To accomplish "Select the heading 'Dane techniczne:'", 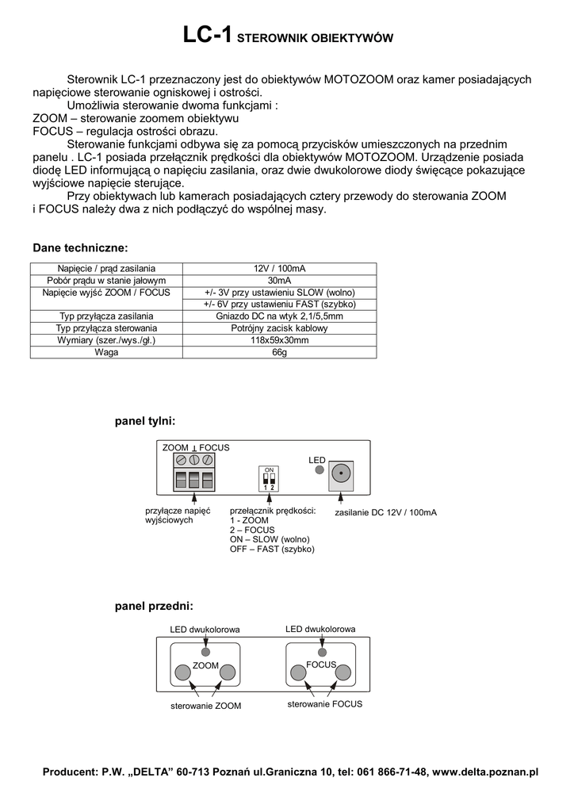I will pyautogui.click(x=80, y=248).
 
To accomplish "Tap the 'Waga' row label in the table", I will pyautogui.click(x=106, y=352).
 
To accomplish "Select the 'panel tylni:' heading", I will pyautogui.click(x=145, y=419).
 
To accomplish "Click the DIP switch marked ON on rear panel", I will pyautogui.click(x=270, y=479).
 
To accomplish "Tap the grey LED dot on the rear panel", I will pyautogui.click(x=320, y=470).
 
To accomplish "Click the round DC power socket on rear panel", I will pyautogui.click(x=341, y=473).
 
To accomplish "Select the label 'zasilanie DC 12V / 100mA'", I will pyautogui.click(x=385, y=513).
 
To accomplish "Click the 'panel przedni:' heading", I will pyautogui.click(x=154, y=606).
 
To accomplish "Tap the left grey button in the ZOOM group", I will pyautogui.click(x=182, y=672).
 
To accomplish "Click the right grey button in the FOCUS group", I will pyautogui.click(x=342, y=672).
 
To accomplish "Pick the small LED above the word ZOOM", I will pyautogui.click(x=205, y=651).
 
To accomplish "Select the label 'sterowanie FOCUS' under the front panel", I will pyautogui.click(x=324, y=703).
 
